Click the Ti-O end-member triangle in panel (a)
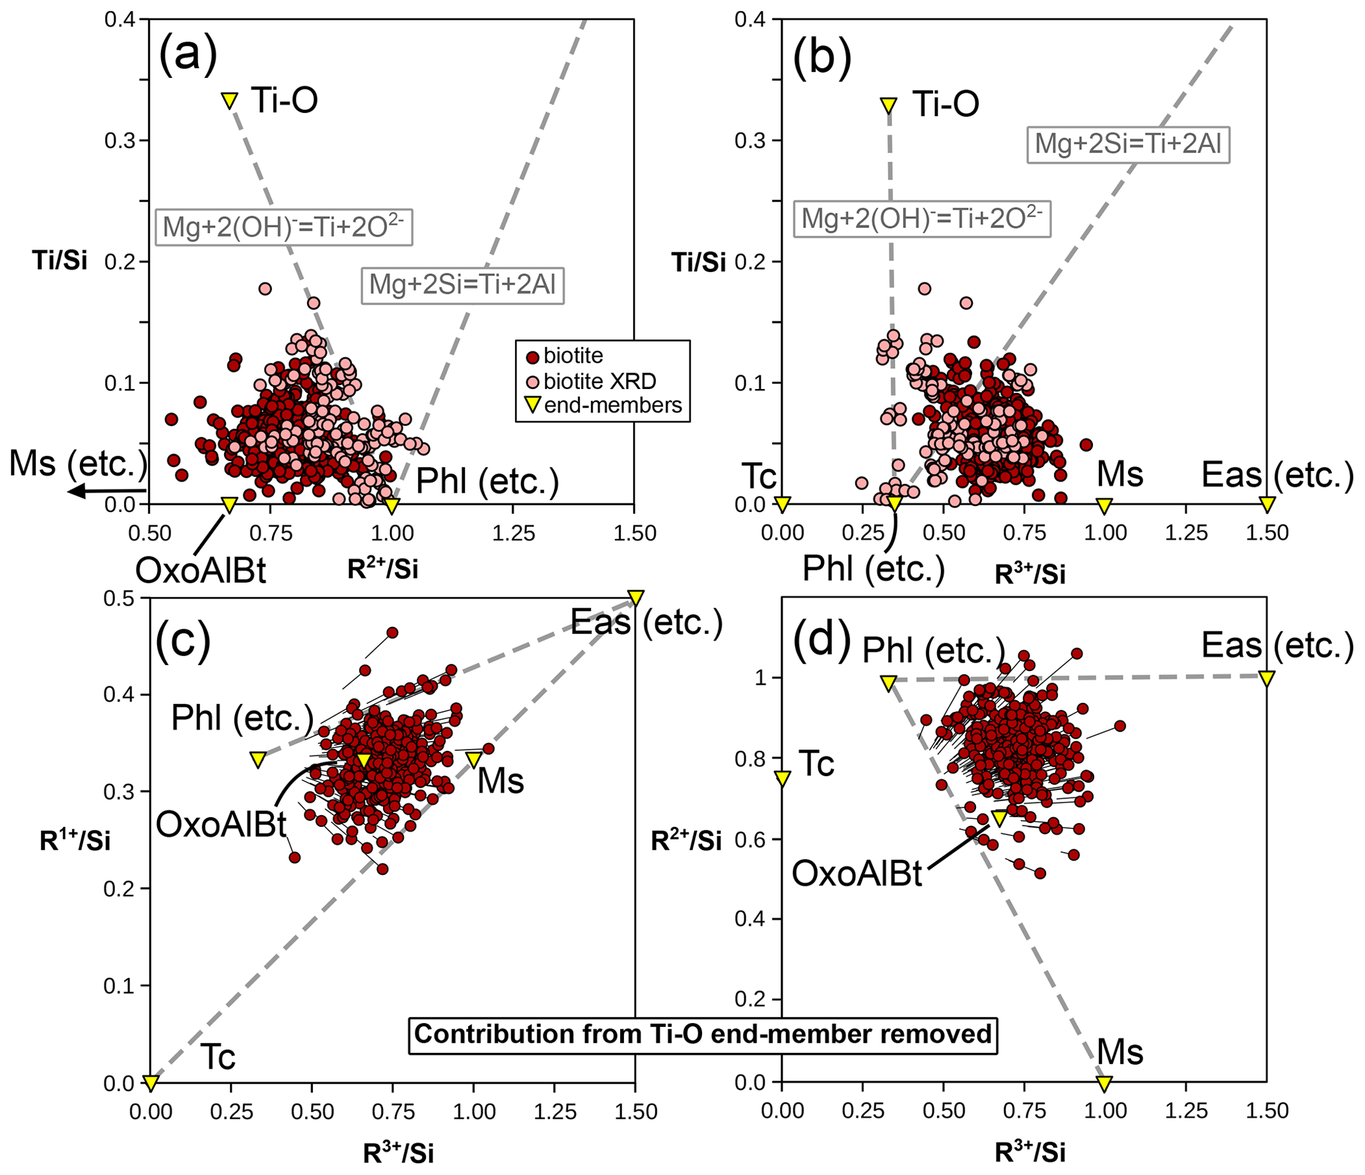(229, 100)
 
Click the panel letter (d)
(821, 639)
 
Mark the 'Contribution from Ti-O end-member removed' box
(703, 1034)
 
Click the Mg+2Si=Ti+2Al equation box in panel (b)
(1128, 144)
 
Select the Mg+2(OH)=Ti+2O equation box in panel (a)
(284, 227)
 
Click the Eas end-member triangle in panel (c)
(635, 597)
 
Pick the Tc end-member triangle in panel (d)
(783, 779)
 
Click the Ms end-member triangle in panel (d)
(1104, 1084)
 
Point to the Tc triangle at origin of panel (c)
(151, 1083)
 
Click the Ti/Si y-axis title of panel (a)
(59, 260)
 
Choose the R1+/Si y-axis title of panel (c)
(75, 840)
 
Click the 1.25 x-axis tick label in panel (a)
(513, 533)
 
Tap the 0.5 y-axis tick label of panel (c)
(119, 598)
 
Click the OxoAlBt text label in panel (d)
(857, 873)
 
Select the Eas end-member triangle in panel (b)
(1267, 505)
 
